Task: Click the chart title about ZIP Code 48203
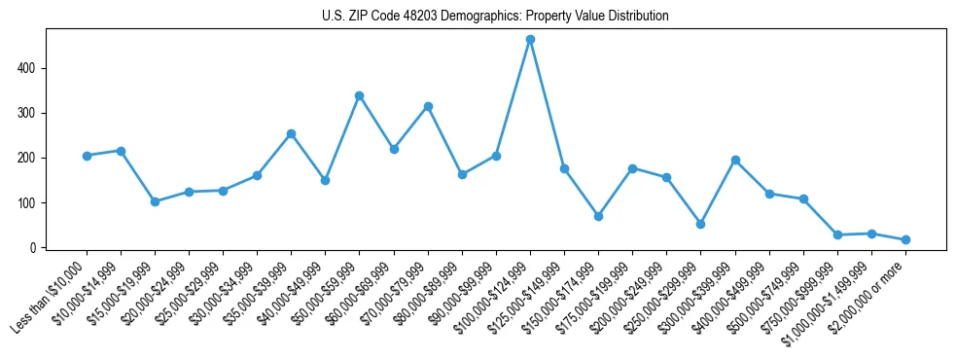[x=495, y=17]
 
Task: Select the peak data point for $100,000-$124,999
[x=530, y=40]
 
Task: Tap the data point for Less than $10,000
[x=87, y=156]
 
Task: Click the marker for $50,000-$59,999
[x=360, y=95]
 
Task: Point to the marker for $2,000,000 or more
[x=905, y=239]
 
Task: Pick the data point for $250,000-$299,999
[x=700, y=224]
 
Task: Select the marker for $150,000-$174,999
[x=598, y=216]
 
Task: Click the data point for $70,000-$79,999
[x=428, y=106]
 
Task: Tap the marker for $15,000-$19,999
[x=155, y=201]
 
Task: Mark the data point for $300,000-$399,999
[x=735, y=160]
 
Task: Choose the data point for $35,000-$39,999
[x=291, y=133]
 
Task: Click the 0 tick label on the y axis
[x=35, y=248]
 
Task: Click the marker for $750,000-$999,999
[x=837, y=234]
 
